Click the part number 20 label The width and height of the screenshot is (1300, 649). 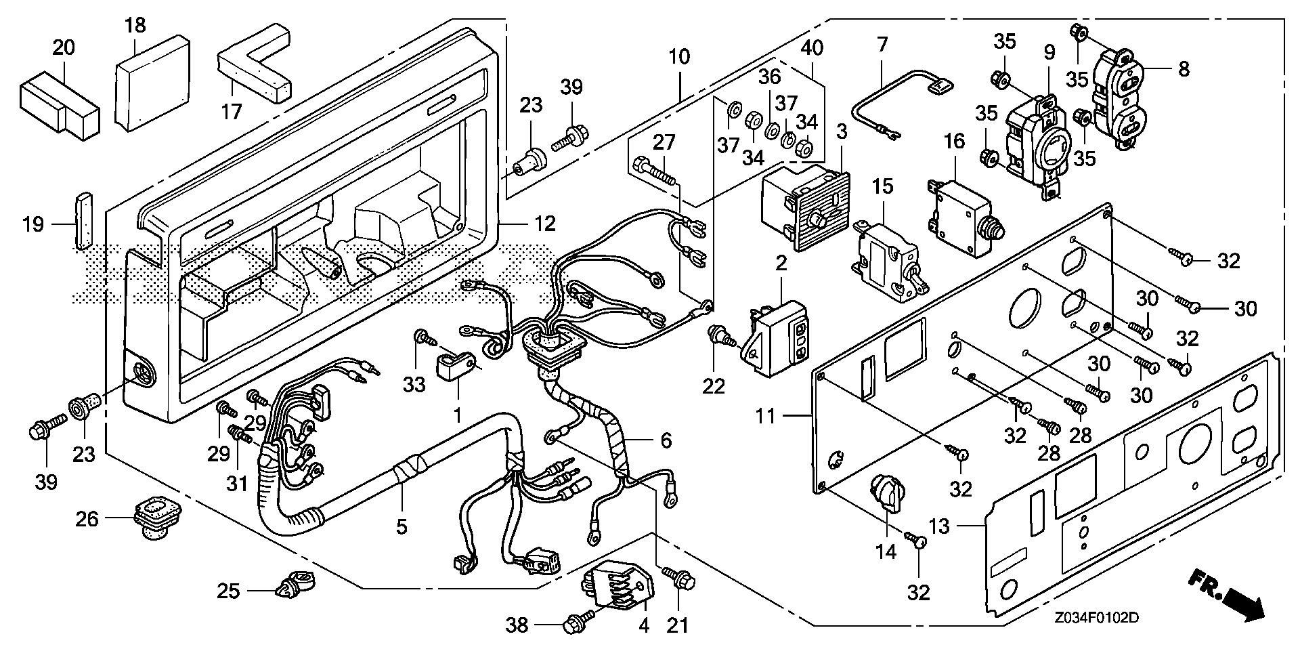(64, 47)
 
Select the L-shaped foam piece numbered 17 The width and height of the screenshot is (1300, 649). (254, 64)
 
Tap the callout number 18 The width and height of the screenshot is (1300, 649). (135, 26)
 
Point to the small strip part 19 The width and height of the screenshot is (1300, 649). (83, 220)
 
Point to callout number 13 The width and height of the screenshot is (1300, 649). (940, 526)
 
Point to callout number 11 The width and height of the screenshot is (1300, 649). (765, 415)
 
